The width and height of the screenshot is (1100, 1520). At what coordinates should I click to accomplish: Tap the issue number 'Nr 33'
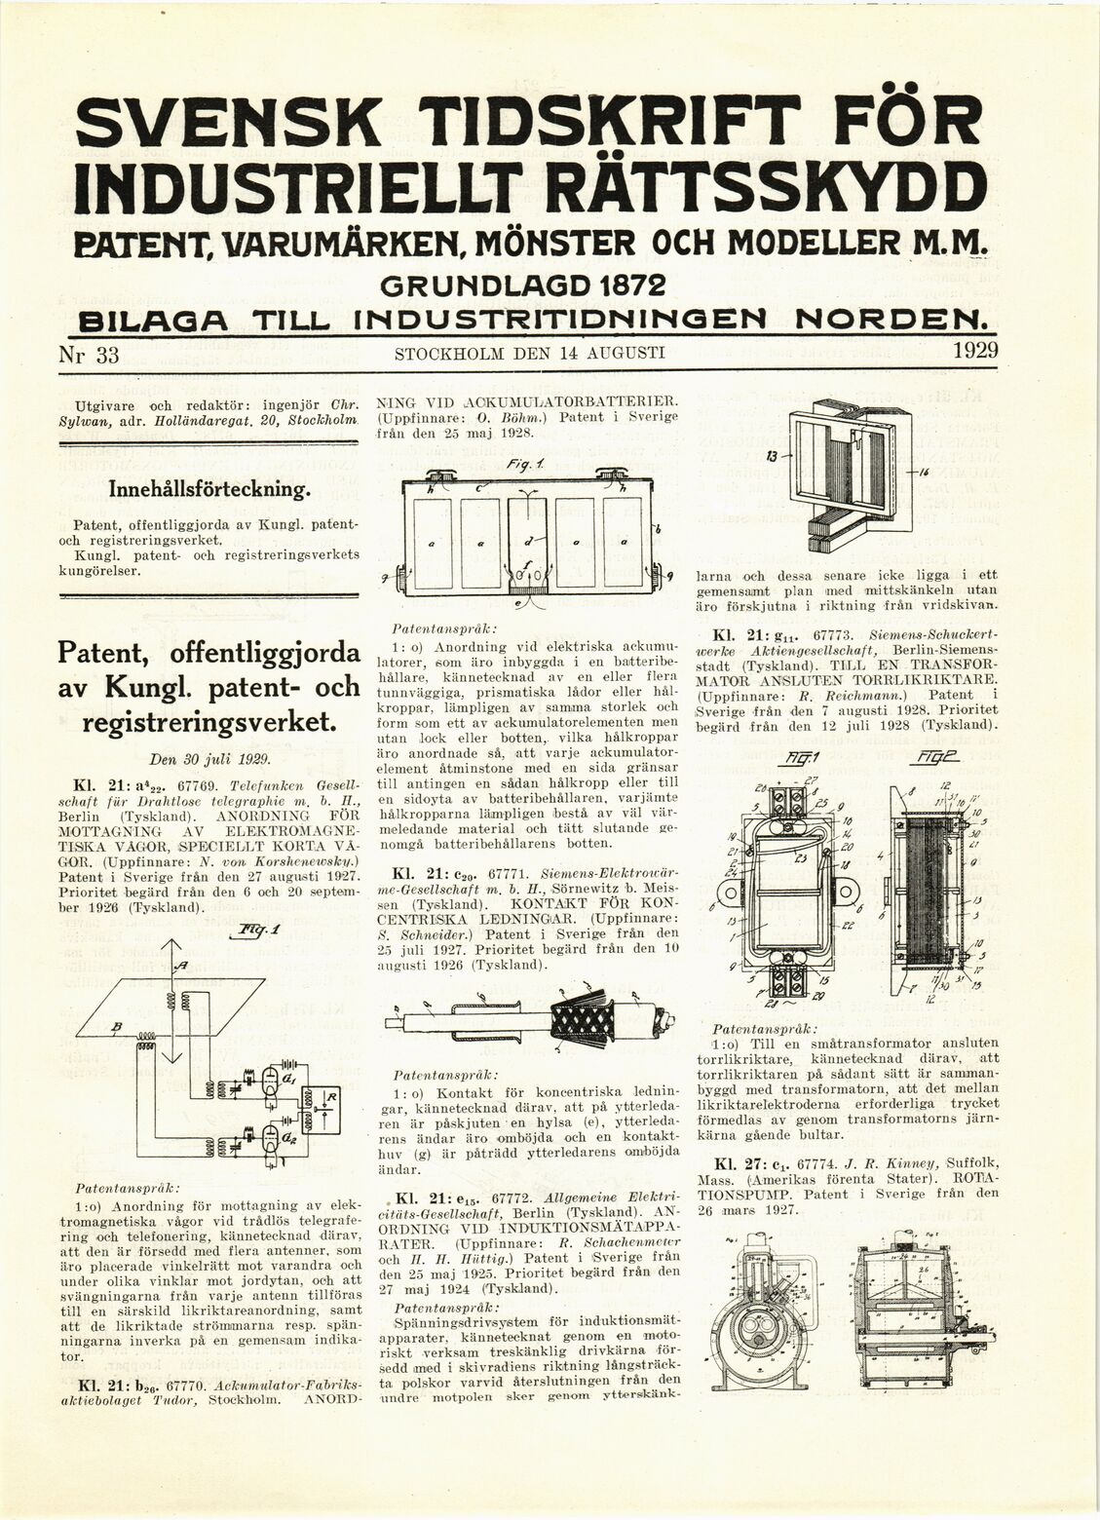[90, 355]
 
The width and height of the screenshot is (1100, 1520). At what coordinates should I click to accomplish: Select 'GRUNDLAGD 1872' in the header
[522, 286]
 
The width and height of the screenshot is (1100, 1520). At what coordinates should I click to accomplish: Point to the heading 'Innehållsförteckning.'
[211, 487]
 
